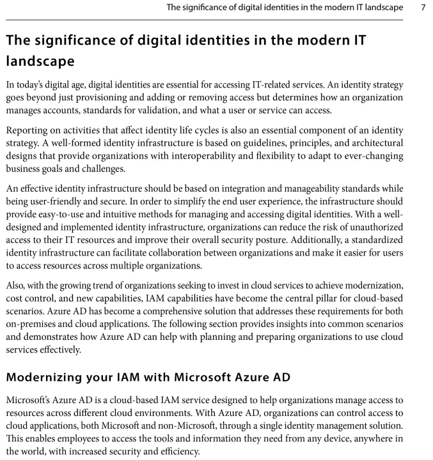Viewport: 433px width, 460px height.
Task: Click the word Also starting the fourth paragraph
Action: point(17,285)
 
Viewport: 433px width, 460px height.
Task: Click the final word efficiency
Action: point(182,451)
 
